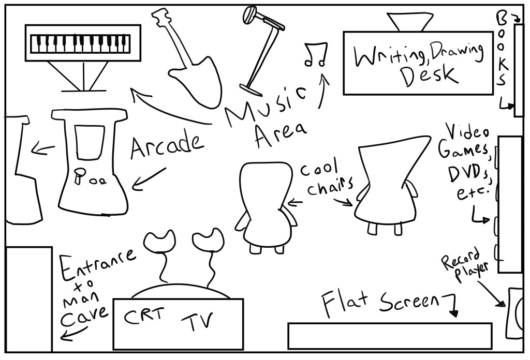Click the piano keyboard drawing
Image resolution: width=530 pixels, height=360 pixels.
(x=82, y=43)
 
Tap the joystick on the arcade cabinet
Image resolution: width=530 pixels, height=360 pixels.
(x=79, y=176)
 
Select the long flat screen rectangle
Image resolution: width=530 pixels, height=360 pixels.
(x=389, y=336)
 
